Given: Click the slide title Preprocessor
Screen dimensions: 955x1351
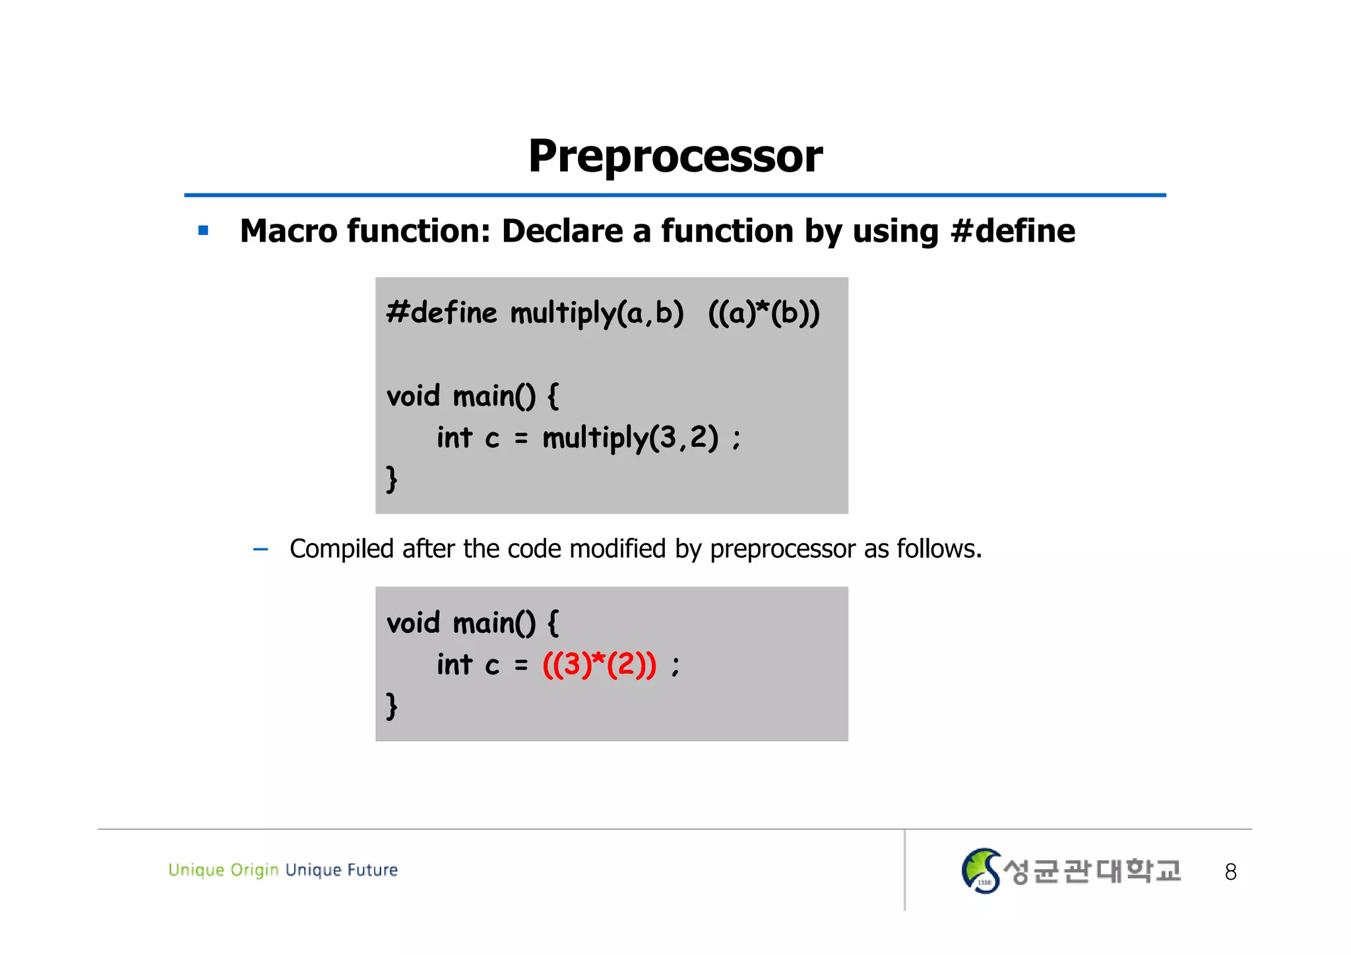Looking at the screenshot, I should click(675, 157).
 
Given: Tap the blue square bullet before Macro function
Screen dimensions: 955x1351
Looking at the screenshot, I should click(203, 231).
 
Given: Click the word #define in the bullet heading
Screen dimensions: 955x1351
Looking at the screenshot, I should click(1013, 232).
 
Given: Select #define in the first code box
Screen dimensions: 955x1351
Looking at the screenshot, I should click(441, 313).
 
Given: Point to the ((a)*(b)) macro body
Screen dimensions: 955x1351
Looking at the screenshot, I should click(763, 313).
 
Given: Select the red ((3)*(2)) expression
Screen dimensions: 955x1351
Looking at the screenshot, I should click(599, 664).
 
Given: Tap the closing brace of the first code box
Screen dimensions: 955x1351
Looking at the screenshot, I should click(392, 478).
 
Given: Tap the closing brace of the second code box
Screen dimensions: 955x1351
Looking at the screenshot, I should click(392, 706).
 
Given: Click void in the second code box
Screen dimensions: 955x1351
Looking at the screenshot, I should click(413, 623).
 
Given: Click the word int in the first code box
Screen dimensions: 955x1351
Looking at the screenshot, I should click(455, 438).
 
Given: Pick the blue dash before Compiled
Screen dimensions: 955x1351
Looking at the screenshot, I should click(261, 549).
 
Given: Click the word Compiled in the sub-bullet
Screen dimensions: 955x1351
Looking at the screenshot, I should click(341, 549).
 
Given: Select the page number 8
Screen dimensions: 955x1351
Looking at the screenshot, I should click(1230, 873).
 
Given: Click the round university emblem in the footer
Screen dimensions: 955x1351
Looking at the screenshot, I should click(981, 871).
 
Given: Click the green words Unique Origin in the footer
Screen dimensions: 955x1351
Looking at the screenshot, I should click(223, 870).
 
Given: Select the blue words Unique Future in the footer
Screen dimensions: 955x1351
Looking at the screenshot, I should click(342, 870).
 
